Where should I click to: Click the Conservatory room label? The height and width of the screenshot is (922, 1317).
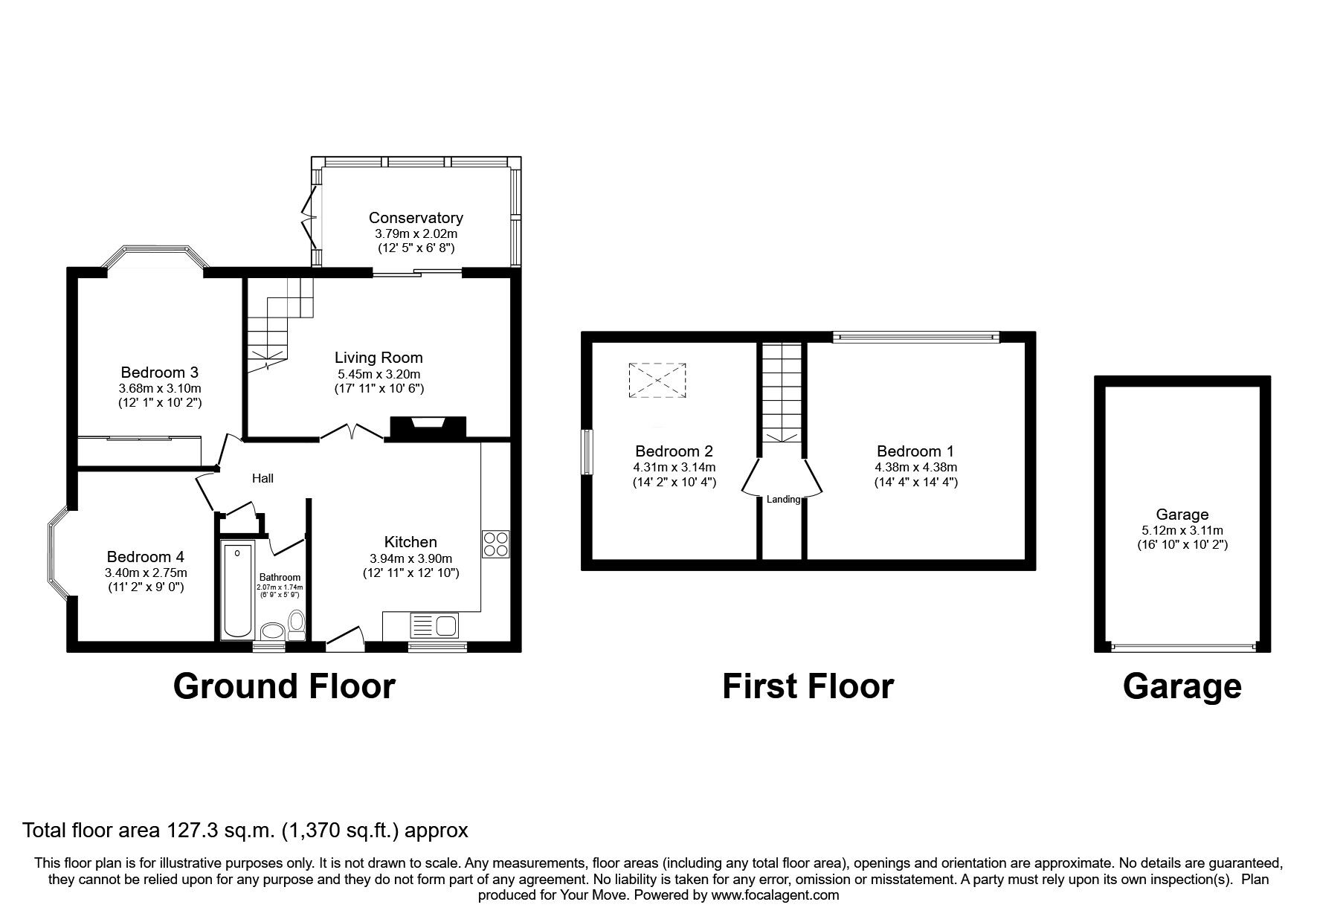tap(416, 218)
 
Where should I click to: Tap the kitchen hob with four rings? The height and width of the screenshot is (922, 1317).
tap(495, 544)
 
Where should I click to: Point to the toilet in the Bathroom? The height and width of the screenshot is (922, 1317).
tap(297, 625)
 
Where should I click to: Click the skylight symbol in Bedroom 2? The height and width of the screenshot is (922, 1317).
tap(657, 381)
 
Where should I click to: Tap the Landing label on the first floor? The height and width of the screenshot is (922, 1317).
tap(783, 500)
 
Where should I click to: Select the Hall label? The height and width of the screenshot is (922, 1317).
tap(263, 478)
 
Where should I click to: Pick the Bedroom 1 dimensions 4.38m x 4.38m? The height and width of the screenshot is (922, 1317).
tap(915, 468)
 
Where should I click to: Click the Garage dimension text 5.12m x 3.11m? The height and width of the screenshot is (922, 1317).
tap(1182, 530)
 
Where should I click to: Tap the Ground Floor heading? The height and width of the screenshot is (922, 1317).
tap(284, 686)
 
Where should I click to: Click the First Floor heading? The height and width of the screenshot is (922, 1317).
tap(808, 686)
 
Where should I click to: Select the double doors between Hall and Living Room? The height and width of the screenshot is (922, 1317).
tap(352, 432)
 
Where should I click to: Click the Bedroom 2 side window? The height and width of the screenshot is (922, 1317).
tap(587, 451)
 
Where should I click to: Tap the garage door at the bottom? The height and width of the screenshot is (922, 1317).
tap(1182, 647)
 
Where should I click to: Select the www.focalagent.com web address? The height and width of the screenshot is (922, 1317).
tap(775, 895)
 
